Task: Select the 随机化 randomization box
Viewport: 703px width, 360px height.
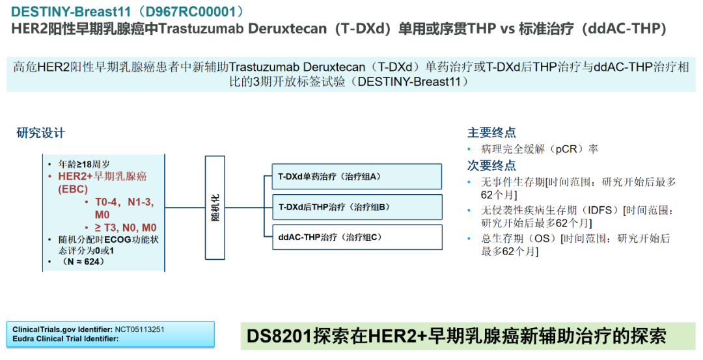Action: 215,208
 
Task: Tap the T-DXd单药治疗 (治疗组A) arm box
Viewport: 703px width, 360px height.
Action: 357,176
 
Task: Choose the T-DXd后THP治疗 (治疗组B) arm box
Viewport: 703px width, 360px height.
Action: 357,207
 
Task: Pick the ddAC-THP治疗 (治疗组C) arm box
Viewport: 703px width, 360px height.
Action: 357,237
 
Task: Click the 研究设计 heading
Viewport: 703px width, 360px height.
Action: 41,133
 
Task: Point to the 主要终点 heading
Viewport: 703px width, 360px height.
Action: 491,132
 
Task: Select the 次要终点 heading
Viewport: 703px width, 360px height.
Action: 491,165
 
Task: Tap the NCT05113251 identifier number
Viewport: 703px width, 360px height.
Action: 139,329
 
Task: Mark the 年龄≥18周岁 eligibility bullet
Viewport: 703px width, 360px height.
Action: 84,165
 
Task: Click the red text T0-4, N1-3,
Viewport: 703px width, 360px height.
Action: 124,202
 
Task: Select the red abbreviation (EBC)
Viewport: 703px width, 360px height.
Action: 73,189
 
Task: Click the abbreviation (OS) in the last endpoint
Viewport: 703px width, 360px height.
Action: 542,238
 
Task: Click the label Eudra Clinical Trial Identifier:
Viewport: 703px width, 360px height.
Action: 66,339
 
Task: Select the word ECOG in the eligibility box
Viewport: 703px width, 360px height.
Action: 118,240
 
